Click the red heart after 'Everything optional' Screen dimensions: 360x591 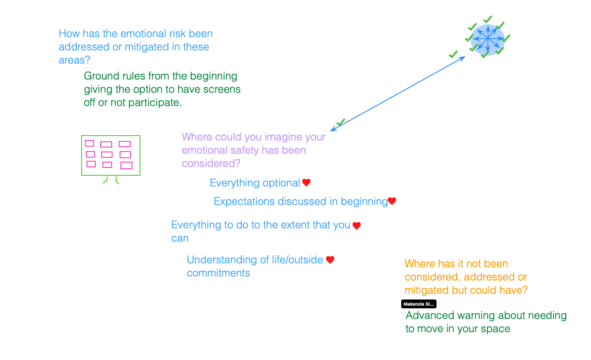click(306, 182)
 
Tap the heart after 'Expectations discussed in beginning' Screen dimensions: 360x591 click(392, 201)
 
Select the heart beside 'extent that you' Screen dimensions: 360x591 click(357, 226)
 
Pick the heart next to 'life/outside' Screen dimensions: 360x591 click(330, 260)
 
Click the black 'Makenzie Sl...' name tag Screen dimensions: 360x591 click(418, 304)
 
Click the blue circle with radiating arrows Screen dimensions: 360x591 click(487, 39)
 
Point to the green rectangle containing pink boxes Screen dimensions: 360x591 click(111, 155)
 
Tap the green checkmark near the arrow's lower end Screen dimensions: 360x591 click(340, 122)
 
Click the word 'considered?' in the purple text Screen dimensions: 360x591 click(211, 163)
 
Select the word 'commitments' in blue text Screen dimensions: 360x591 click(218, 273)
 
